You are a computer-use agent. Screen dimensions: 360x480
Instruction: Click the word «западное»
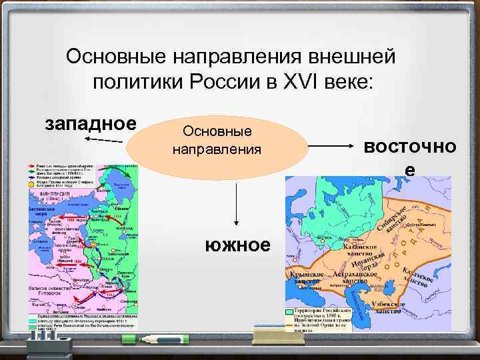pos(90,124)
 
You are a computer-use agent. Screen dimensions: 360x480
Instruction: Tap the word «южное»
pos(239,245)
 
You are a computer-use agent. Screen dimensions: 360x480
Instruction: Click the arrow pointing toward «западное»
pos(103,139)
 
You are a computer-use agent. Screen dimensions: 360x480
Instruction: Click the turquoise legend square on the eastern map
pos(289,311)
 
